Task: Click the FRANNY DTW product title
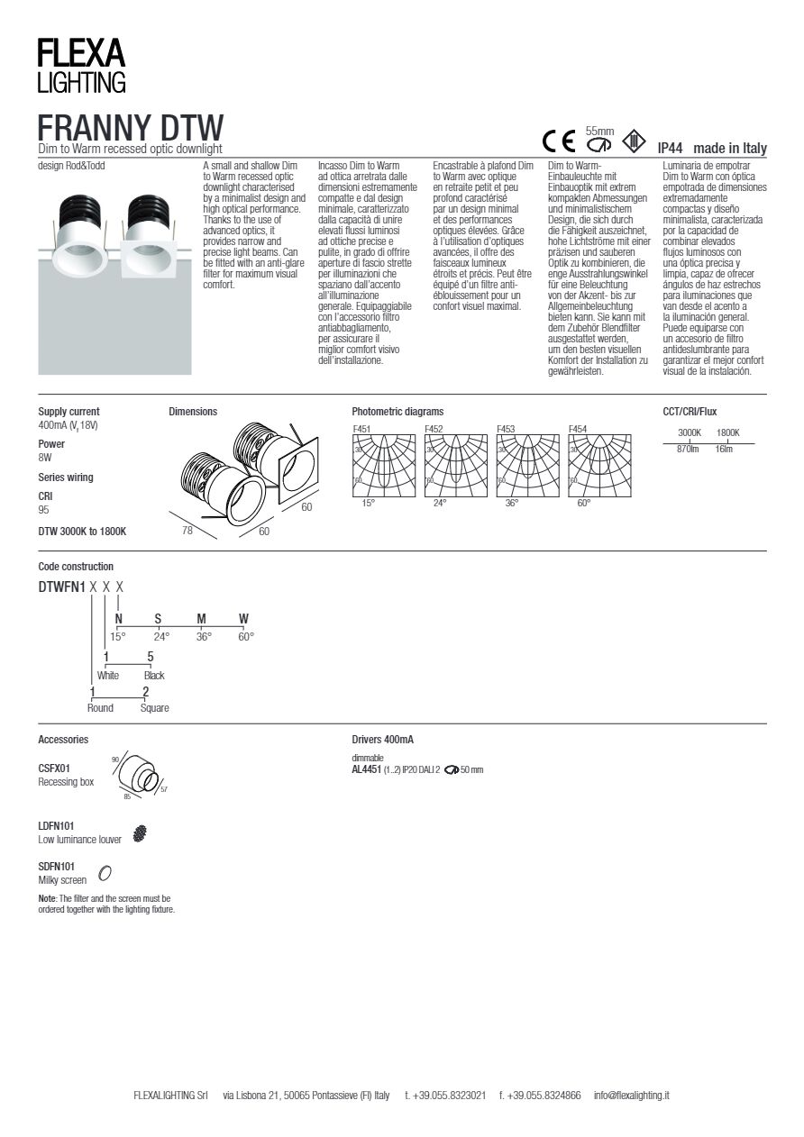131,126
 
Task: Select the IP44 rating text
671,149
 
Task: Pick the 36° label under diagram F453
512,504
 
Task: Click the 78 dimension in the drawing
187,531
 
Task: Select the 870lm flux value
688,449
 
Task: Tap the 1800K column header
727,432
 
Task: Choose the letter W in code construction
243,619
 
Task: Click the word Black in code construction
154,676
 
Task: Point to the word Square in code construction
154,708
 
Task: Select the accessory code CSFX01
54,769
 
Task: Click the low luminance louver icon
140,834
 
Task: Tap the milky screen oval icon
105,872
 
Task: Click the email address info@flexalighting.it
631,1096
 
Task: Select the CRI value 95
44,510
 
